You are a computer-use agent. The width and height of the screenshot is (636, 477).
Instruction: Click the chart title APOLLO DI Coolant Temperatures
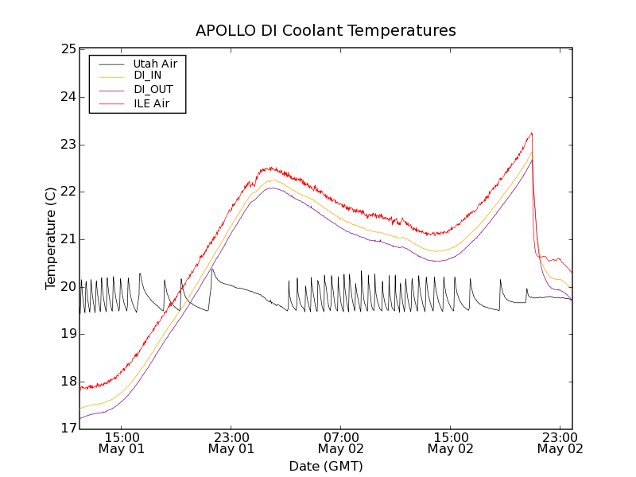[x=326, y=31]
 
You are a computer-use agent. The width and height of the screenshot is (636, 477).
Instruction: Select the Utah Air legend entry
[x=155, y=63]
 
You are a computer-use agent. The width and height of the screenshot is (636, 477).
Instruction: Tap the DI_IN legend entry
[x=147, y=76]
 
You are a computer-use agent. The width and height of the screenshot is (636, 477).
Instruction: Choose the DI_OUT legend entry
[x=153, y=89]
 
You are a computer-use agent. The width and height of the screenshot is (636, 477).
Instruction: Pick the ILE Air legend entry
[x=151, y=103]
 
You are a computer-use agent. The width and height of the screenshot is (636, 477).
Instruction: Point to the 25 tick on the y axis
[x=68, y=49]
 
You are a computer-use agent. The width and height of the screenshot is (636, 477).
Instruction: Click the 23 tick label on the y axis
[x=68, y=145]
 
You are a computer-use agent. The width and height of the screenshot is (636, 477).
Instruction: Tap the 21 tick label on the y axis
[x=68, y=239]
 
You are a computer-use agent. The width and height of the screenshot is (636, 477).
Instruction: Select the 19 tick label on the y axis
[x=68, y=334]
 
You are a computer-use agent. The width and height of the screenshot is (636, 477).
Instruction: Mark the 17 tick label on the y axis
[x=68, y=429]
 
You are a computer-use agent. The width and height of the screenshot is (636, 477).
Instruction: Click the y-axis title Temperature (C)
[x=51, y=238]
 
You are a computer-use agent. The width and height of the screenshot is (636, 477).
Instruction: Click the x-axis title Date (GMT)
[x=326, y=466]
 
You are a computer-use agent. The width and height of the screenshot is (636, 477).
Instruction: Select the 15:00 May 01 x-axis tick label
[x=121, y=443]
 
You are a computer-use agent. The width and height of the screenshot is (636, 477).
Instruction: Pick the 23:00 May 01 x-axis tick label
[x=231, y=443]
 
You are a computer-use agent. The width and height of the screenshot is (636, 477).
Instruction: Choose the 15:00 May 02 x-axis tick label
[x=450, y=443]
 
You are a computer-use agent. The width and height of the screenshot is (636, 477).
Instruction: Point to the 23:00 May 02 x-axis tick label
[x=560, y=443]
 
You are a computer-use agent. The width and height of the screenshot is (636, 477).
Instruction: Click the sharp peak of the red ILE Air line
[x=531, y=134]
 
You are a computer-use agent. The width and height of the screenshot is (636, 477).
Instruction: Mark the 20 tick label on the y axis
[x=68, y=286]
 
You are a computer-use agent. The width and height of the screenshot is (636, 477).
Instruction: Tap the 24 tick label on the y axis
[x=68, y=97]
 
